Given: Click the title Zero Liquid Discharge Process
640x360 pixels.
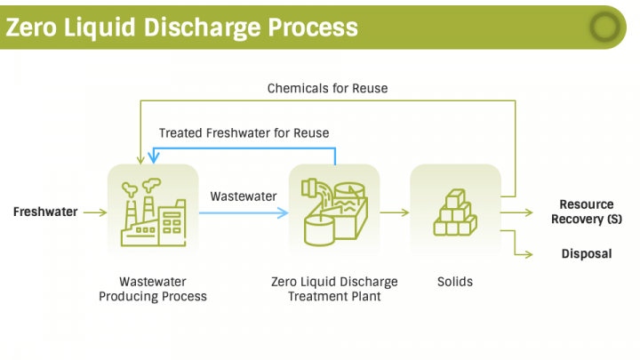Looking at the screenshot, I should coord(182,26).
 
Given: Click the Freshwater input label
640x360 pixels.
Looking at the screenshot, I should coord(44,212).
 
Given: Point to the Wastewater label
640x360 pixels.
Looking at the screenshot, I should coord(244,196).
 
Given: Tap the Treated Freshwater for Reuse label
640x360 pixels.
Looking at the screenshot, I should coord(244,133).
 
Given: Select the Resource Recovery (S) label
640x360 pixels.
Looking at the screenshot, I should coord(586,212).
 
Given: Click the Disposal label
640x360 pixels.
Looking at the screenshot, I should coord(586,253).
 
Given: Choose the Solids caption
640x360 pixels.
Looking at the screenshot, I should coord(455,282).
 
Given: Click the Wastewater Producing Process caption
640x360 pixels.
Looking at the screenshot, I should coord(152,289).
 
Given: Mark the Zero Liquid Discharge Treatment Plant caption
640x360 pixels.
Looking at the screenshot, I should coord(334,289).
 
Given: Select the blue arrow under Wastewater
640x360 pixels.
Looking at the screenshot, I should coord(244,213).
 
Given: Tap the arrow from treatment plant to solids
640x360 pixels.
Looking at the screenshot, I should coord(395,213).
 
